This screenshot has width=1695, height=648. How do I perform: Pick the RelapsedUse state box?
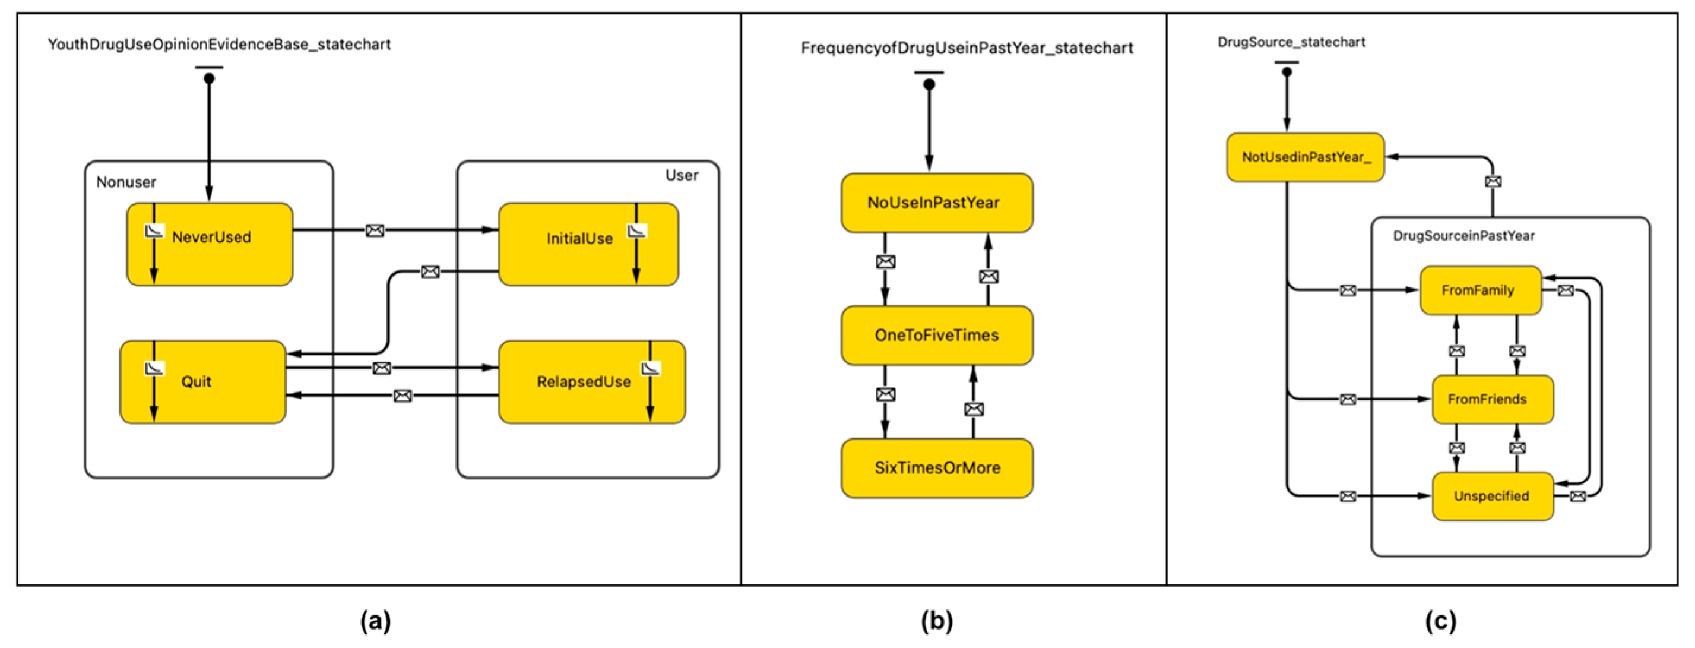584,382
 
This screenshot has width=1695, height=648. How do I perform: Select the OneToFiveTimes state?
936,335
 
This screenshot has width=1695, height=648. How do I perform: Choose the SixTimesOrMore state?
936,467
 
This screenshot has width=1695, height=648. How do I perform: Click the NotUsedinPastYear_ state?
1306,157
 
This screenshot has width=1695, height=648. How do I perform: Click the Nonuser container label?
126,182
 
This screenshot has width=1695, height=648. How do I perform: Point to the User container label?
681,175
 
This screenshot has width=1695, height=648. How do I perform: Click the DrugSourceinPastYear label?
1463,236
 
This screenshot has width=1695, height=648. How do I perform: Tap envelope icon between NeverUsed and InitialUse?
375,230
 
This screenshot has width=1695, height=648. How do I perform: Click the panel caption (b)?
936,620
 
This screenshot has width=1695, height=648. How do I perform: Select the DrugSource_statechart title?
1291,42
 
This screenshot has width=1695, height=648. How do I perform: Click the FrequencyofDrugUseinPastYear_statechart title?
967,48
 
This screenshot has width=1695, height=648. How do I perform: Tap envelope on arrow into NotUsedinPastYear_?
1493,181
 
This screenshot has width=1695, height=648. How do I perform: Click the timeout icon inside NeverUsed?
154,231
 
